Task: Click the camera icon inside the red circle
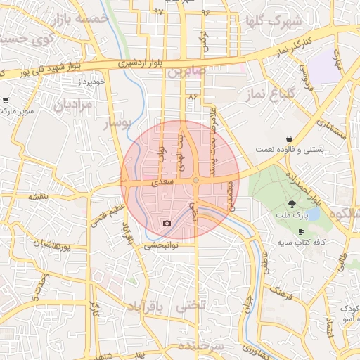pos(167,223)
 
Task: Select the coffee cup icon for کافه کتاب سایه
pos(302,231)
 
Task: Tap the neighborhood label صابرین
pos(186,72)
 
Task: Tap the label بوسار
pos(117,124)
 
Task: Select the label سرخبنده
pos(200,347)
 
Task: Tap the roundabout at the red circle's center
pos(196,181)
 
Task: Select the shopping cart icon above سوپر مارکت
pos(6,101)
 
